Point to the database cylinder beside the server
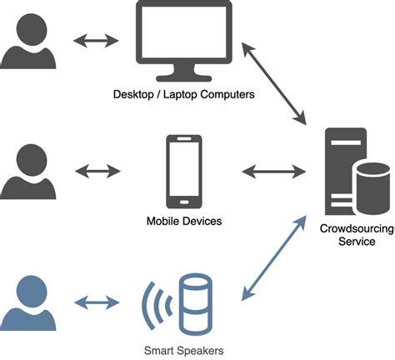coord(370,187)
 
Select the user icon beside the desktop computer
coord(28,42)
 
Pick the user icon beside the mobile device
coord(28,172)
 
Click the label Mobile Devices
coord(182,222)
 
